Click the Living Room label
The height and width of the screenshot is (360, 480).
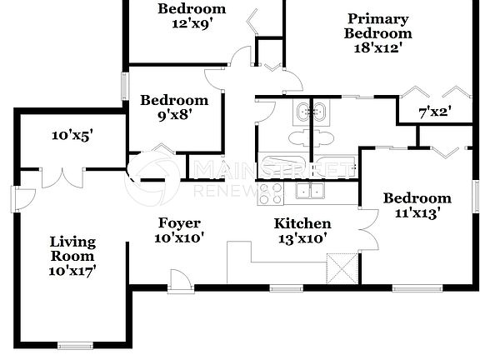point(72,249)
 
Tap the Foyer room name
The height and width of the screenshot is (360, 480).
point(179,222)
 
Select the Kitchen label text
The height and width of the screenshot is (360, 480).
point(302,223)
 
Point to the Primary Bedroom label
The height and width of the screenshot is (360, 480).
point(377,26)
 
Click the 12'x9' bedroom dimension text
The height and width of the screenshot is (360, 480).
point(191,23)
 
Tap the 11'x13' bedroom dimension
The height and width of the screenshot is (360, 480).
point(417,212)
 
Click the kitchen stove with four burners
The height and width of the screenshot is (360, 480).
point(270,193)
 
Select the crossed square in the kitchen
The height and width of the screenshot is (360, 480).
point(342,269)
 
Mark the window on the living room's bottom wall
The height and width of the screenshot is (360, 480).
point(75,344)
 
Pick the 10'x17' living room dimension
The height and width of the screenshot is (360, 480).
point(72,271)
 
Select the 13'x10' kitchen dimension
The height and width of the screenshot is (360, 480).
point(302,237)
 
